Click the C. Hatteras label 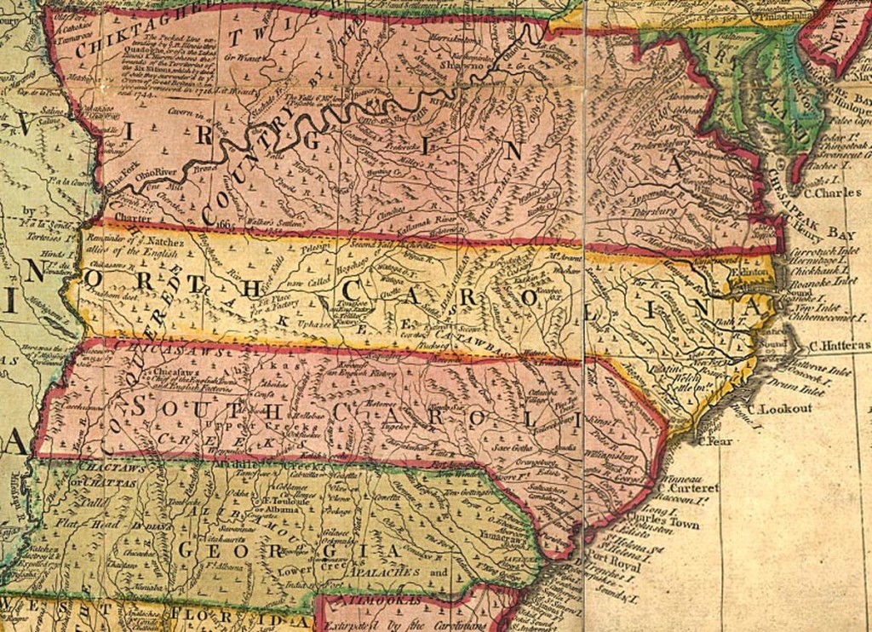click(840, 347)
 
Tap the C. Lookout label click(779, 409)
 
